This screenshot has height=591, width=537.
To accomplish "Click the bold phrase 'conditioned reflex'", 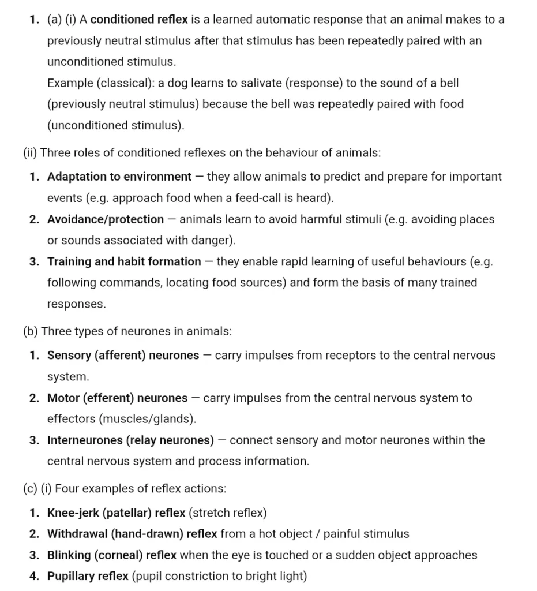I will click(x=139, y=20).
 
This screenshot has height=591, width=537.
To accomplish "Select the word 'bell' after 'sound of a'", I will click(x=446, y=83).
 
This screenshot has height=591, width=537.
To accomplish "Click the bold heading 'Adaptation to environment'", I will click(x=119, y=177).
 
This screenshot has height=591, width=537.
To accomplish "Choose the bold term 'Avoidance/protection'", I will click(x=106, y=219).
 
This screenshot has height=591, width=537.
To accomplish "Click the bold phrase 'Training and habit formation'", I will click(x=124, y=261).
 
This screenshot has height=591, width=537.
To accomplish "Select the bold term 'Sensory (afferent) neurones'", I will click(x=123, y=356).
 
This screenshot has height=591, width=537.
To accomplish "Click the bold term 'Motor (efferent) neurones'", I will click(x=117, y=398).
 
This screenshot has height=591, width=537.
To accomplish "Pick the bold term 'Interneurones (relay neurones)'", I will click(x=131, y=440).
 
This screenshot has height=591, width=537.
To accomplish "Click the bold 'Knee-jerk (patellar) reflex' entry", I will click(x=117, y=513).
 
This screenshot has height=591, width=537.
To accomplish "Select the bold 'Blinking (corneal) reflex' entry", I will click(x=112, y=555).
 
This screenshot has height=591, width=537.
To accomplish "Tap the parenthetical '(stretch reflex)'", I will click(x=228, y=513).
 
